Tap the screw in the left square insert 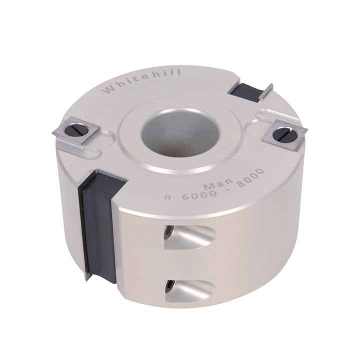(76, 131)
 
